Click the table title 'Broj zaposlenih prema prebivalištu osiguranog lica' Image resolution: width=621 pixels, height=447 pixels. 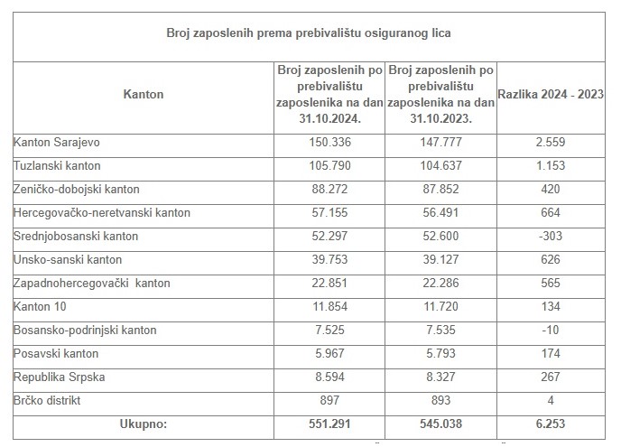(309, 33)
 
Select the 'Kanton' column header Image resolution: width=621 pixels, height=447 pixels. (142, 94)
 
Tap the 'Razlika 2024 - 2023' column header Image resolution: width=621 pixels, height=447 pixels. (551, 94)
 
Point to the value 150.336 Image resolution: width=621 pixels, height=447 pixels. (329, 142)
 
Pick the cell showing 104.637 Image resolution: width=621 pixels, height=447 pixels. (440, 165)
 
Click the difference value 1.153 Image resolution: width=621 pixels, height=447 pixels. (551, 165)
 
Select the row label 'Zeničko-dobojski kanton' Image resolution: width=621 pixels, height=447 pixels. (77, 189)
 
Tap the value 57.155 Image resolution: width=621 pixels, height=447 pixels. (329, 212)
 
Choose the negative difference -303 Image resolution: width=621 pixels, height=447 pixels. (551, 236)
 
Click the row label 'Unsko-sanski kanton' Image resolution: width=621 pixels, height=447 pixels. (64, 259)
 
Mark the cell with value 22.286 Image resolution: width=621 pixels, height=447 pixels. (440, 283)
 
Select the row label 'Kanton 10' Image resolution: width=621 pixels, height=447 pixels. (41, 306)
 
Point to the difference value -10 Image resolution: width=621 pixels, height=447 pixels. (551, 330)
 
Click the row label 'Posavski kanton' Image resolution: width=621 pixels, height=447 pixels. (56, 353)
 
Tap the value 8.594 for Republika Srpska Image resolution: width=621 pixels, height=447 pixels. (329, 377)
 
